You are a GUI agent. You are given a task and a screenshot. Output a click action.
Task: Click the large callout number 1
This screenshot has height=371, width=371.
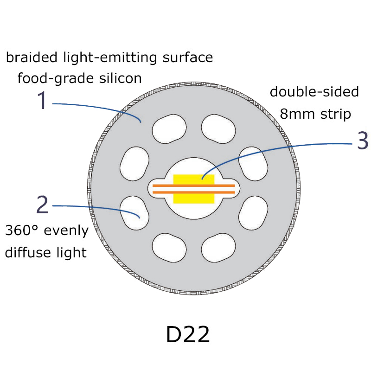pos(42,101)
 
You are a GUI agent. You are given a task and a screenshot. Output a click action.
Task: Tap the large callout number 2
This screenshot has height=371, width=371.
pos(42,205)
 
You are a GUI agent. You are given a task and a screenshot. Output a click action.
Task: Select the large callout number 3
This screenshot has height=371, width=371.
pos(362,141)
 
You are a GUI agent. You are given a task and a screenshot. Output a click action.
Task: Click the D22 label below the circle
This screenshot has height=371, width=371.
pos(187,335)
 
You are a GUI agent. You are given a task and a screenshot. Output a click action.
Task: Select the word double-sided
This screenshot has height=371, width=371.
pos(314,92)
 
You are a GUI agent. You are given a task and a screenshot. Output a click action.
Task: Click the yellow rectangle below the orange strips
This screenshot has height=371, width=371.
pos(194,198)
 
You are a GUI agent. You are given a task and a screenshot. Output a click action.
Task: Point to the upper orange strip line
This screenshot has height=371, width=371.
pos(194,185)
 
